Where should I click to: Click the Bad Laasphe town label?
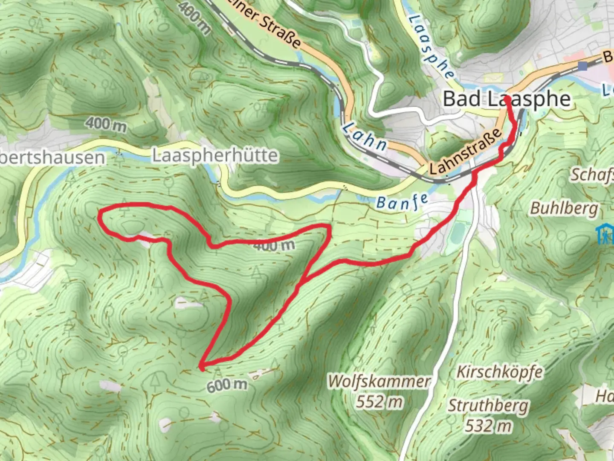(507, 99)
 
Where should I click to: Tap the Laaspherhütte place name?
(215, 155)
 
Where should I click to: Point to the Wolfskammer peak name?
(379, 381)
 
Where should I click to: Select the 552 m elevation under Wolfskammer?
(379, 402)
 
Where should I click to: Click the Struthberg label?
(488, 406)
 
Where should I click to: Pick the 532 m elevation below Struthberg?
(488, 426)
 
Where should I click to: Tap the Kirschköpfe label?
(500, 372)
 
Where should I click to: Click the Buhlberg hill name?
(564, 208)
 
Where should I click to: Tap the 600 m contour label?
(227, 385)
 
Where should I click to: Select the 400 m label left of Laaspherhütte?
(106, 124)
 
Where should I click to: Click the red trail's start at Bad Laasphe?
(507, 99)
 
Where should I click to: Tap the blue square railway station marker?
(583, 66)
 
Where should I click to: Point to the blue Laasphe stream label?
(431, 47)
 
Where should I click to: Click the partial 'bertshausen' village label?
(52, 158)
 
